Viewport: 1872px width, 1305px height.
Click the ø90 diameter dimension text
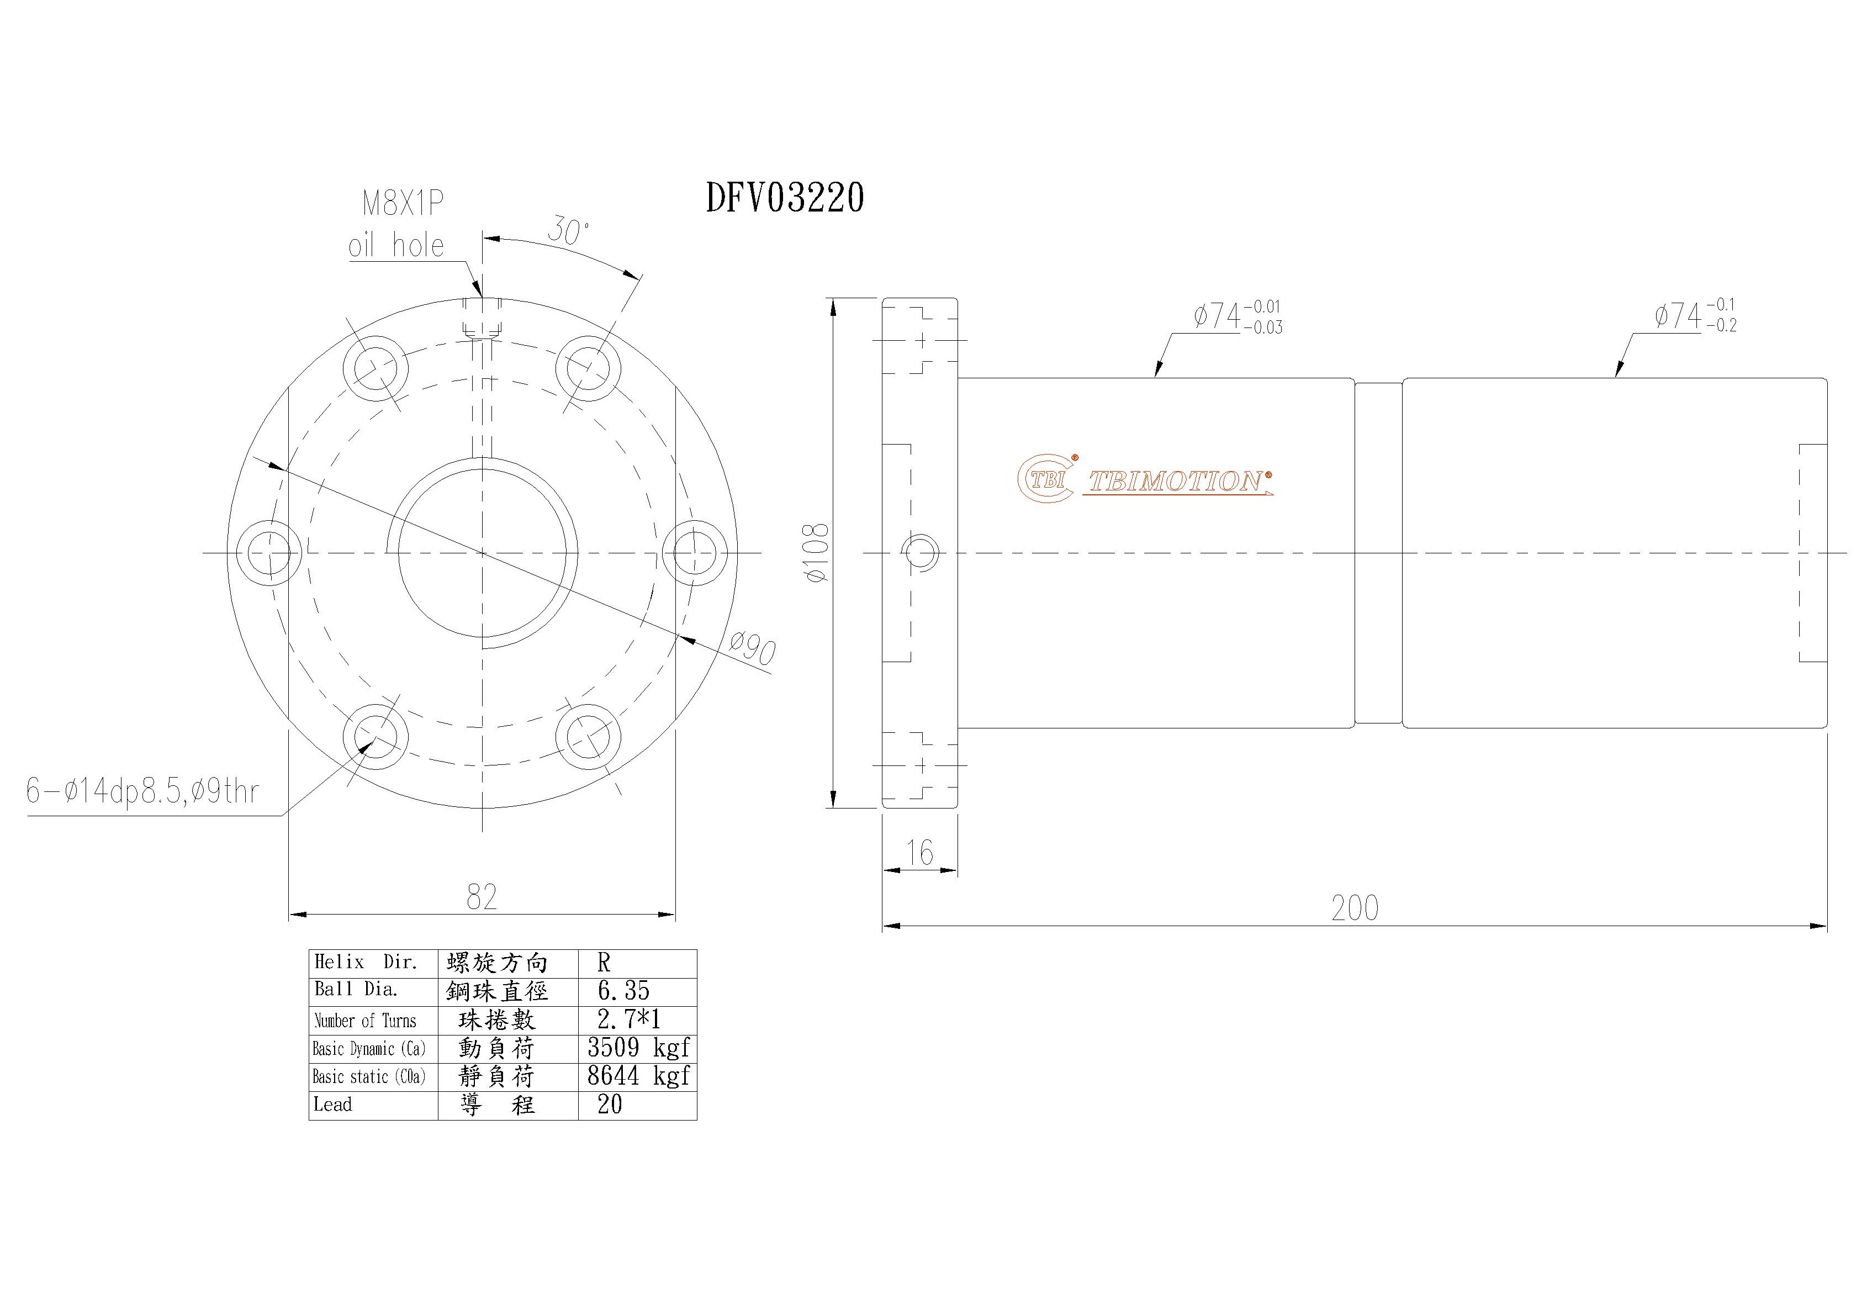[752, 650]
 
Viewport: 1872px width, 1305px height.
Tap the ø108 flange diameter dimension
[816, 553]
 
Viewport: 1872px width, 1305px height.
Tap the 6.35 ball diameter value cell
[624, 991]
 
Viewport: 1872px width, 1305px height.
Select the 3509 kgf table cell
[638, 1048]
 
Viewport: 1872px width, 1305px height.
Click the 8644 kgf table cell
[638, 1076]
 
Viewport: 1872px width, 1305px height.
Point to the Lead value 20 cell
[610, 1105]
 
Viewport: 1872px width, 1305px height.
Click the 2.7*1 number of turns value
[628, 1019]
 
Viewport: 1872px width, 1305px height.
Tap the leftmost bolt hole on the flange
[269, 553]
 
